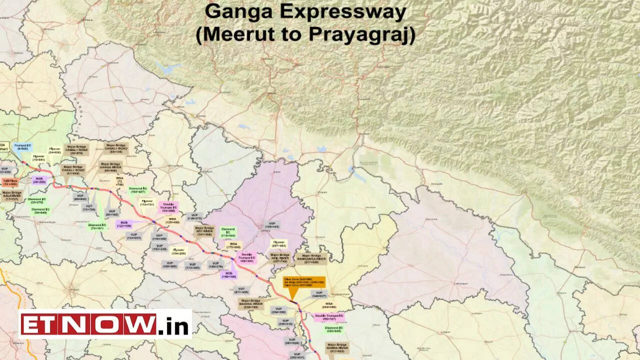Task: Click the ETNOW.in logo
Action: (x=105, y=324)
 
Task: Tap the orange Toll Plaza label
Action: (x=10, y=182)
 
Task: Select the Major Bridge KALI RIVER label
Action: (x=12, y=195)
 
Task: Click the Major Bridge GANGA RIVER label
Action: (x=110, y=167)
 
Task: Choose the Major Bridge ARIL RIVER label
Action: (x=280, y=257)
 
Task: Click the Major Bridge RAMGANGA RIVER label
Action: (x=311, y=258)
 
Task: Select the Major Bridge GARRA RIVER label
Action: (x=337, y=348)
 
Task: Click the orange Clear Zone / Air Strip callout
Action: (x=304, y=282)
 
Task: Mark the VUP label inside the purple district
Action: (x=272, y=225)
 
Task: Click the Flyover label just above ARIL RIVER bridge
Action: (x=278, y=243)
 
